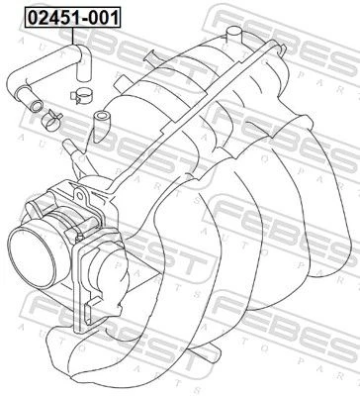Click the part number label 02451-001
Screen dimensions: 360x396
[x=73, y=18]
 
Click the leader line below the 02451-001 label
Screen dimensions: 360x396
[x=73, y=37]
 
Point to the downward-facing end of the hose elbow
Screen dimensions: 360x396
[x=83, y=78]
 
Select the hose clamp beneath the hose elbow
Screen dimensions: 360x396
[x=81, y=96]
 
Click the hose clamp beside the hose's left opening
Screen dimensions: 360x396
[x=51, y=119]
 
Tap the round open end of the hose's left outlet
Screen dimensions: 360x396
[x=37, y=107]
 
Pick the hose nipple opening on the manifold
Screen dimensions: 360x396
[x=100, y=117]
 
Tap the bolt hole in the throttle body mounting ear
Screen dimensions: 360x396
[x=80, y=195]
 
